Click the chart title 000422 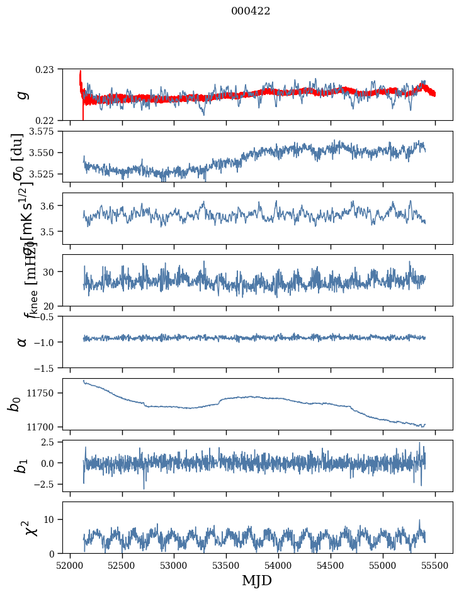coord(251,11)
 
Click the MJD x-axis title coord(256,581)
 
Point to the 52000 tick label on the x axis coord(70,566)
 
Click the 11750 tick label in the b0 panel coord(42,393)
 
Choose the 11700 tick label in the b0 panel coord(42,427)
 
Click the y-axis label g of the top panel coord(23,94)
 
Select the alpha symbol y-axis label coord(23,342)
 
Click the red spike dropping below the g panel coord(83,113)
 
